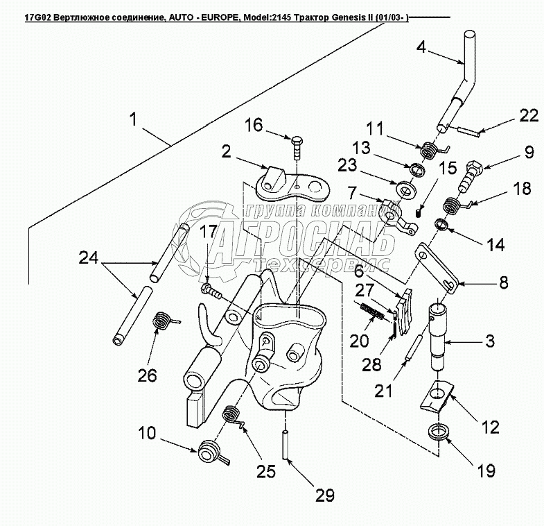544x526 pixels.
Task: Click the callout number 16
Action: (x=254, y=125)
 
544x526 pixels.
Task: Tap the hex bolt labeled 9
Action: (x=470, y=176)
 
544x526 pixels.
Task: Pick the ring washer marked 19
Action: (x=437, y=432)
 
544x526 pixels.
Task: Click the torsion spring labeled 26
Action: (x=162, y=320)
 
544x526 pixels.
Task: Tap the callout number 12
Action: (x=490, y=427)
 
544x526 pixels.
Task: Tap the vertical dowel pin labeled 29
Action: (x=286, y=445)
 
